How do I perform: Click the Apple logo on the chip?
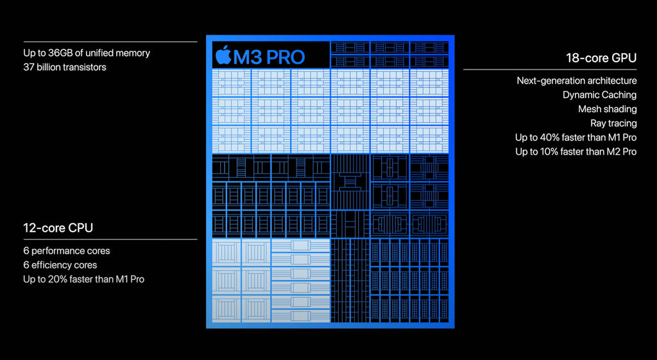(x=223, y=55)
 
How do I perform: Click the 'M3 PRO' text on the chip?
(x=269, y=57)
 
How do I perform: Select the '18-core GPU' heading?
(x=601, y=58)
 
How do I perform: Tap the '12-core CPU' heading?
(x=58, y=228)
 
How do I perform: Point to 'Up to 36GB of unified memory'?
(x=87, y=53)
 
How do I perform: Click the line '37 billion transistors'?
(x=65, y=67)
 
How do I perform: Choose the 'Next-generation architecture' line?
(x=577, y=81)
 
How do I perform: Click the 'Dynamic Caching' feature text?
(x=600, y=95)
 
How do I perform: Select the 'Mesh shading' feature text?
(x=608, y=109)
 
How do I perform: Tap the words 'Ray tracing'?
(x=613, y=123)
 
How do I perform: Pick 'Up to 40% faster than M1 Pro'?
(x=576, y=137)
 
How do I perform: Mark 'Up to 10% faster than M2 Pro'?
(x=576, y=151)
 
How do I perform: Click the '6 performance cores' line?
(x=67, y=251)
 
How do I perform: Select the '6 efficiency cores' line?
(x=60, y=265)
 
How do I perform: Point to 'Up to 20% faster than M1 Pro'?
(x=84, y=280)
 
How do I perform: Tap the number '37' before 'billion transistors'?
(x=29, y=67)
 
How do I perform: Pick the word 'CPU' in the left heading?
(x=80, y=228)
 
